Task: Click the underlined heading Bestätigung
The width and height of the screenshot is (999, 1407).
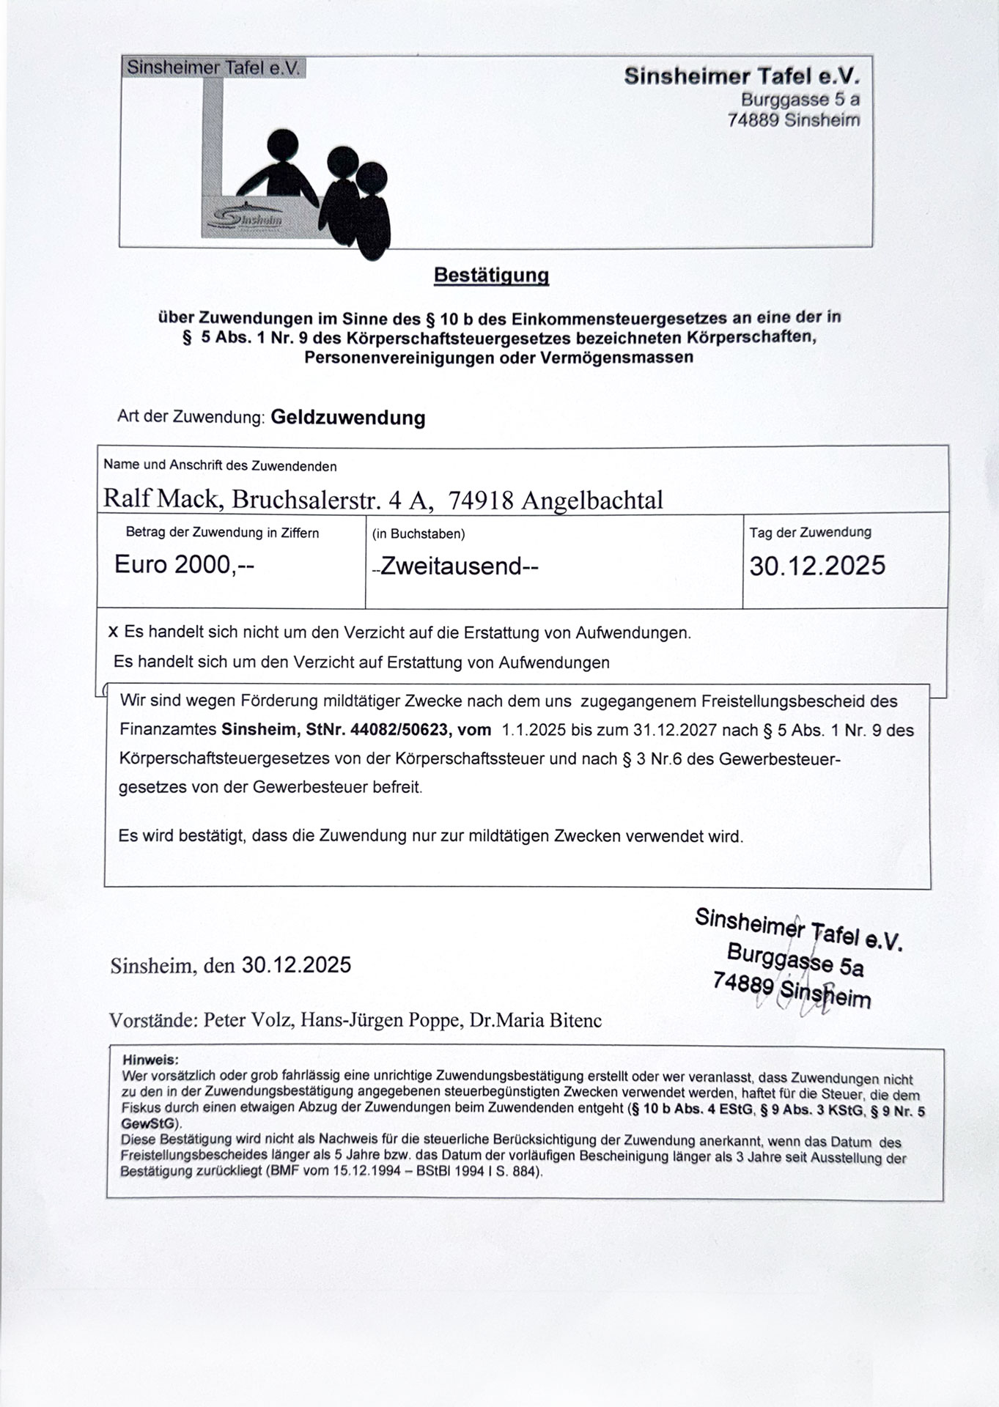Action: coord(491,276)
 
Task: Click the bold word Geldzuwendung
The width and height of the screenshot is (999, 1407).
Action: coord(348,418)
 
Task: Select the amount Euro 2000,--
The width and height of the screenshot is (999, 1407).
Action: coord(184,565)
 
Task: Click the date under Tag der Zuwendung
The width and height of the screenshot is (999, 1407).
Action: coord(816,566)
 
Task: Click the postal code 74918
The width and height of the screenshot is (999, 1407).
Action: coord(481,500)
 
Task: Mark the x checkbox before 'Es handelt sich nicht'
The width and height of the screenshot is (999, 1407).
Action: coord(113,632)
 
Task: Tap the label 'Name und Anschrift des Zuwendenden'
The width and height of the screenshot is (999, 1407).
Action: coord(220,465)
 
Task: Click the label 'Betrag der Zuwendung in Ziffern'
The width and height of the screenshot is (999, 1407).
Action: coord(222,533)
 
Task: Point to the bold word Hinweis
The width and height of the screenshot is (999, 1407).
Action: coord(150,1060)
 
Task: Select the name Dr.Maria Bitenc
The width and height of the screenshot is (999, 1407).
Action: coord(536,1020)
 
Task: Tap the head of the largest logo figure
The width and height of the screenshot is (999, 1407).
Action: coord(282,144)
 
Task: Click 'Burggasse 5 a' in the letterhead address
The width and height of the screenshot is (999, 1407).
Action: coord(800,99)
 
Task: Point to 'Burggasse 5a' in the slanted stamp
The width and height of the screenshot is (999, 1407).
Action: coord(795,960)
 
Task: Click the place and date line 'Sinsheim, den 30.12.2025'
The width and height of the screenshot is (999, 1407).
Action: coord(231,965)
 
